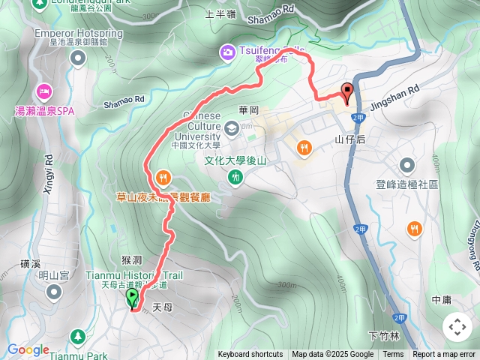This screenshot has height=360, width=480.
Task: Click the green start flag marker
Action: [133, 298]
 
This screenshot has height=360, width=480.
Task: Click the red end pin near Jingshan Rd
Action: [346, 94]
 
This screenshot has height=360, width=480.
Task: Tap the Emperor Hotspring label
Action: [78, 34]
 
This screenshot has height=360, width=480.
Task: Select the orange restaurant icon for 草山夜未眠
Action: [163, 178]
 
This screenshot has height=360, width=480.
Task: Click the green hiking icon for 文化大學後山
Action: [236, 177]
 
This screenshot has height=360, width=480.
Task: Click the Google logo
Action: [28, 349]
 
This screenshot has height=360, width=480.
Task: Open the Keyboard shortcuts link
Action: [250, 355]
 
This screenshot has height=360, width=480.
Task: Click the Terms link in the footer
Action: [393, 355]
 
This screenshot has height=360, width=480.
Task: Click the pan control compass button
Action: [457, 326]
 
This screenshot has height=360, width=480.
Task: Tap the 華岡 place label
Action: [248, 109]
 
